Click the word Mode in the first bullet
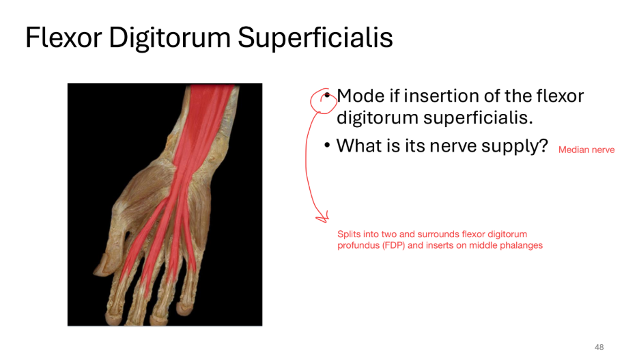click(360, 96)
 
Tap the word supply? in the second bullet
click(513, 146)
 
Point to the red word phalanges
click(522, 245)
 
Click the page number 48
click(599, 347)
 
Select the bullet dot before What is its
click(328, 146)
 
